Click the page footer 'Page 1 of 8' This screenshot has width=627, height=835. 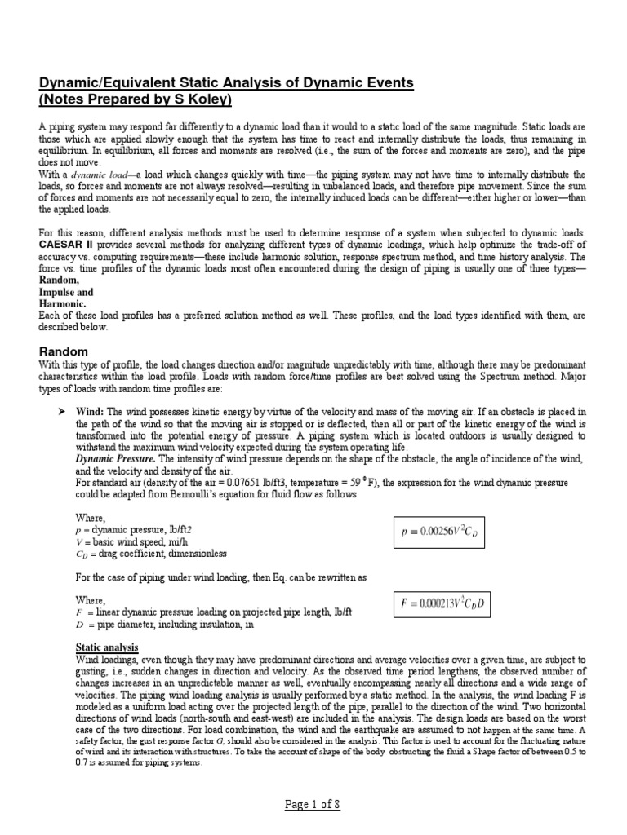tap(313, 803)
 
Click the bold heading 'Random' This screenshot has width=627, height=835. tap(64, 351)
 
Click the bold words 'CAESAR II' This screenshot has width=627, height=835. tap(65, 233)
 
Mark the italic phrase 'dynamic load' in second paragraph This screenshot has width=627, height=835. tap(103, 175)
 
